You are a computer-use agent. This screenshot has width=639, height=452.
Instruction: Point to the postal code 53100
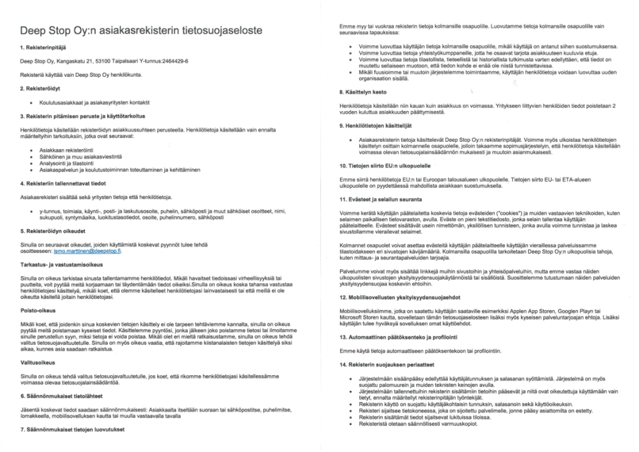99,61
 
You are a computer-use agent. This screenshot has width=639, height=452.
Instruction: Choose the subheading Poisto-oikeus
37,308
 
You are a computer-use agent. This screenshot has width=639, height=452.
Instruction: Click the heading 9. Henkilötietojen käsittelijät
383,125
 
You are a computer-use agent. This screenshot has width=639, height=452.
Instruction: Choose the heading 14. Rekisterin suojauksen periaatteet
391,365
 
